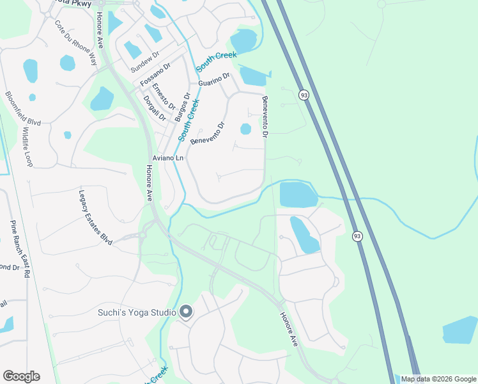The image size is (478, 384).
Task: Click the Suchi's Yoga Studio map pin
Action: coord(186,312)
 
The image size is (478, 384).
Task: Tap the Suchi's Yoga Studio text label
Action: coord(136,312)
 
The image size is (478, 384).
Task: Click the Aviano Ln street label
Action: coord(167,157)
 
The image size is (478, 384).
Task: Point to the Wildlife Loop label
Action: coord(28,147)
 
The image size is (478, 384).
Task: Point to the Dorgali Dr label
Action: coord(155,108)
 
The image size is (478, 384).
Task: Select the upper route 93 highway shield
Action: coord(304,95)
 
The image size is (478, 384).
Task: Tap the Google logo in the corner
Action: coord(21,376)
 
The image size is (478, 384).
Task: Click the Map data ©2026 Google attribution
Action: coord(438,379)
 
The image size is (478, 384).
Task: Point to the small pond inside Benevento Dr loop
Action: coord(246,129)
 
